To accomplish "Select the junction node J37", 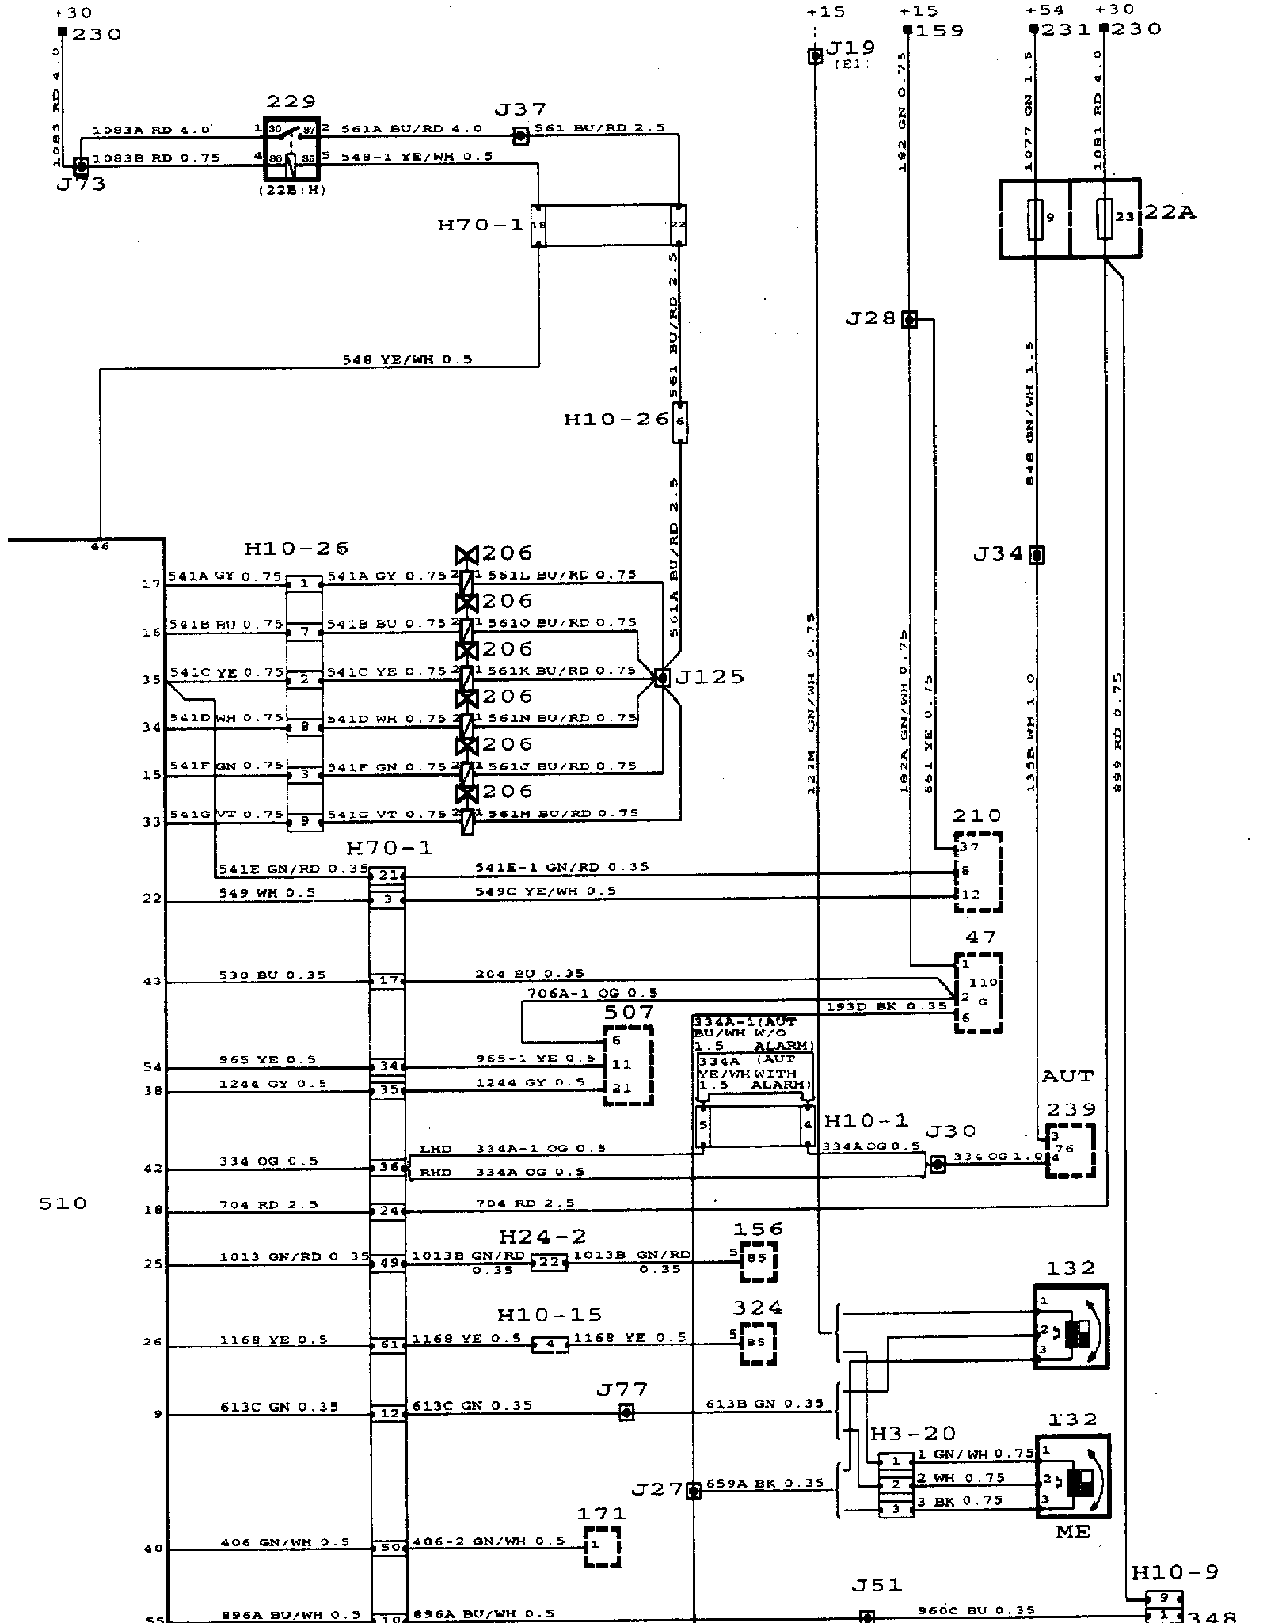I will (x=520, y=136).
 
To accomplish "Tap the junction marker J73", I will (x=81, y=166).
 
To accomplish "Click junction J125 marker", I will (x=661, y=678).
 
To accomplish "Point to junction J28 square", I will (x=910, y=320).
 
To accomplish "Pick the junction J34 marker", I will (x=1036, y=555).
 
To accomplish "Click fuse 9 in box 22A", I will (x=1035, y=219).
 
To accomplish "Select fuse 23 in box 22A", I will (x=1105, y=219).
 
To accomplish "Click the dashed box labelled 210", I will (x=978, y=871).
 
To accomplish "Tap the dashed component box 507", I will (x=629, y=1066).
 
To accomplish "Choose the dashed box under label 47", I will (x=979, y=993).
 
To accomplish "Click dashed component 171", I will (x=602, y=1547).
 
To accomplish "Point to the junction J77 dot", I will (x=626, y=1412).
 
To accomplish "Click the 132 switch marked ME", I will (x=1071, y=1477).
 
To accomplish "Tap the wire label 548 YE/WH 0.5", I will (x=407, y=359).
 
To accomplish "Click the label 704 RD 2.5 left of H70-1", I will (x=268, y=1205).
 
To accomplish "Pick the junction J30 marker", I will (x=937, y=1164).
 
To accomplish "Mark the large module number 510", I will (x=63, y=1204).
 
